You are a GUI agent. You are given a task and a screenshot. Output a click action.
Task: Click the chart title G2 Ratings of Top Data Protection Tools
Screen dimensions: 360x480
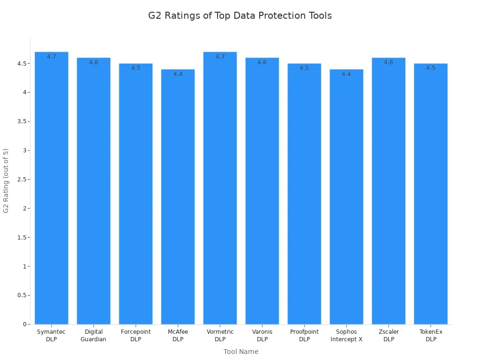pos(240,15)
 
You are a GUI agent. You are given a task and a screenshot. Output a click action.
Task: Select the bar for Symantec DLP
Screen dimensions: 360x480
pos(52,187)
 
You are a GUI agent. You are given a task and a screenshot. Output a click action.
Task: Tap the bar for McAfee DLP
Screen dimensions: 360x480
pos(178,197)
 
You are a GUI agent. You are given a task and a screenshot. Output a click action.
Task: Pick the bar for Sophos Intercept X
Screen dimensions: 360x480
pos(346,197)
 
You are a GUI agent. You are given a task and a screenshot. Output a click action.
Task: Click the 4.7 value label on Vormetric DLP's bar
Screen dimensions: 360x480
pos(220,57)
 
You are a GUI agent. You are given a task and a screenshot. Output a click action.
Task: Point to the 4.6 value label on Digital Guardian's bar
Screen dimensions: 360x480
pos(94,62)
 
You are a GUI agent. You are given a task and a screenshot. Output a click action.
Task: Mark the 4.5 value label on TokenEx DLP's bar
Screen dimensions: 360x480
pos(431,68)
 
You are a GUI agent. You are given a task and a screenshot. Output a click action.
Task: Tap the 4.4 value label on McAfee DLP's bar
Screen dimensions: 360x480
pos(178,74)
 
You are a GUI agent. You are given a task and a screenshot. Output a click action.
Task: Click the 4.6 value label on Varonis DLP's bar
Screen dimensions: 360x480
pos(262,62)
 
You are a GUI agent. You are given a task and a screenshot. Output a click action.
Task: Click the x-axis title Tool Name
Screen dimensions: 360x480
pos(241,352)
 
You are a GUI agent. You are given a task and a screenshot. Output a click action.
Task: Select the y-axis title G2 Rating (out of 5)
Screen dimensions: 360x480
pos(6,180)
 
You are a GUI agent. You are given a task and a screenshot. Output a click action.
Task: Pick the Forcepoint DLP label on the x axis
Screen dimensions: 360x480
pos(136,336)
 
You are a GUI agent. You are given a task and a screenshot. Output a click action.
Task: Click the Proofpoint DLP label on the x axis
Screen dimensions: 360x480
pos(304,336)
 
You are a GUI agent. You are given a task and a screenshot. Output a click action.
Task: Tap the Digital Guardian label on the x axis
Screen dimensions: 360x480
pos(94,336)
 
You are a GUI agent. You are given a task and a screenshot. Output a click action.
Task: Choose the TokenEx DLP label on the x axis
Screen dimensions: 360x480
pos(431,336)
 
